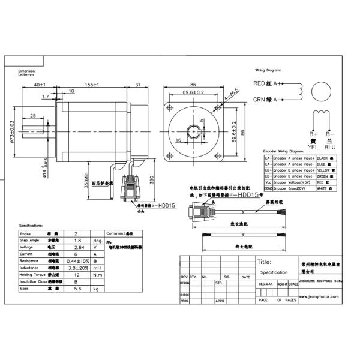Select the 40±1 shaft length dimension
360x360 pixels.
point(41,85)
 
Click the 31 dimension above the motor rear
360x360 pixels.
point(138,85)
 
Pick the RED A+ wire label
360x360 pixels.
point(268,83)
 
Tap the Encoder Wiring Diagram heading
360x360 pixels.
point(283,152)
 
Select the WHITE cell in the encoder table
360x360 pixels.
point(323,188)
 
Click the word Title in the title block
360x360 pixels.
point(264,262)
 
